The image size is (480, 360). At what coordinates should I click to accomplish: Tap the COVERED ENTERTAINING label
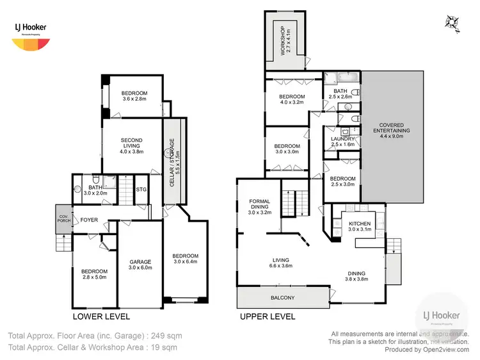tap(394, 130)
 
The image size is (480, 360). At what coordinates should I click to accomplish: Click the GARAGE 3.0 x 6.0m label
tap(140, 265)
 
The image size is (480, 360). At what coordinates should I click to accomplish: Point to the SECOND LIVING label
tap(131, 147)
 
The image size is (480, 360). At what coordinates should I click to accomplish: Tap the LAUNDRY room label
tap(342, 142)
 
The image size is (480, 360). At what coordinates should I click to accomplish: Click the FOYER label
tap(89, 220)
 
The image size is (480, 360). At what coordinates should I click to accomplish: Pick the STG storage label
tap(141, 189)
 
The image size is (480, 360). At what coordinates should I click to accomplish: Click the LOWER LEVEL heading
tap(101, 316)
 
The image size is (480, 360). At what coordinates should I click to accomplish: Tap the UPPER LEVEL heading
tap(268, 316)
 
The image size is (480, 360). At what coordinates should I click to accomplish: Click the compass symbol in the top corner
tap(454, 21)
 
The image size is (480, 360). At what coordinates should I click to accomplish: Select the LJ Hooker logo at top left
tap(31, 35)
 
